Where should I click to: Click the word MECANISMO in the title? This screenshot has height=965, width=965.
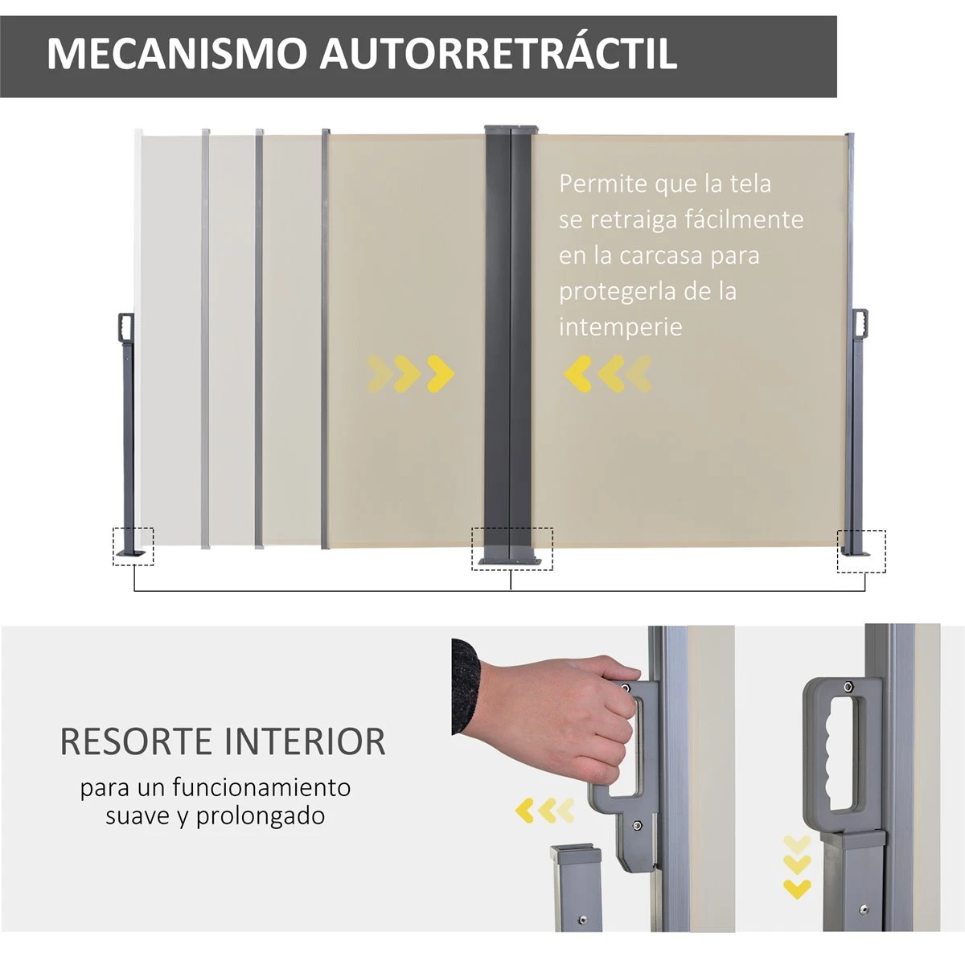(x=177, y=53)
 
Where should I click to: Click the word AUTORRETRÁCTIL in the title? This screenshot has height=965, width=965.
(x=499, y=53)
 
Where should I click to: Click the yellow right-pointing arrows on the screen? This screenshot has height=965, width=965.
(x=410, y=373)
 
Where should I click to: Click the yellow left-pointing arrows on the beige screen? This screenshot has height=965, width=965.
(x=608, y=373)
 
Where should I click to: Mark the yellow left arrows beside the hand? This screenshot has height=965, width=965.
(x=545, y=811)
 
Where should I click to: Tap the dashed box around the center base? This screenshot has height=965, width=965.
(x=512, y=548)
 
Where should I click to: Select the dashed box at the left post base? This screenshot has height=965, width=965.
(x=133, y=547)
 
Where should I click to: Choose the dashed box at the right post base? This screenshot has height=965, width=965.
(x=861, y=551)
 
